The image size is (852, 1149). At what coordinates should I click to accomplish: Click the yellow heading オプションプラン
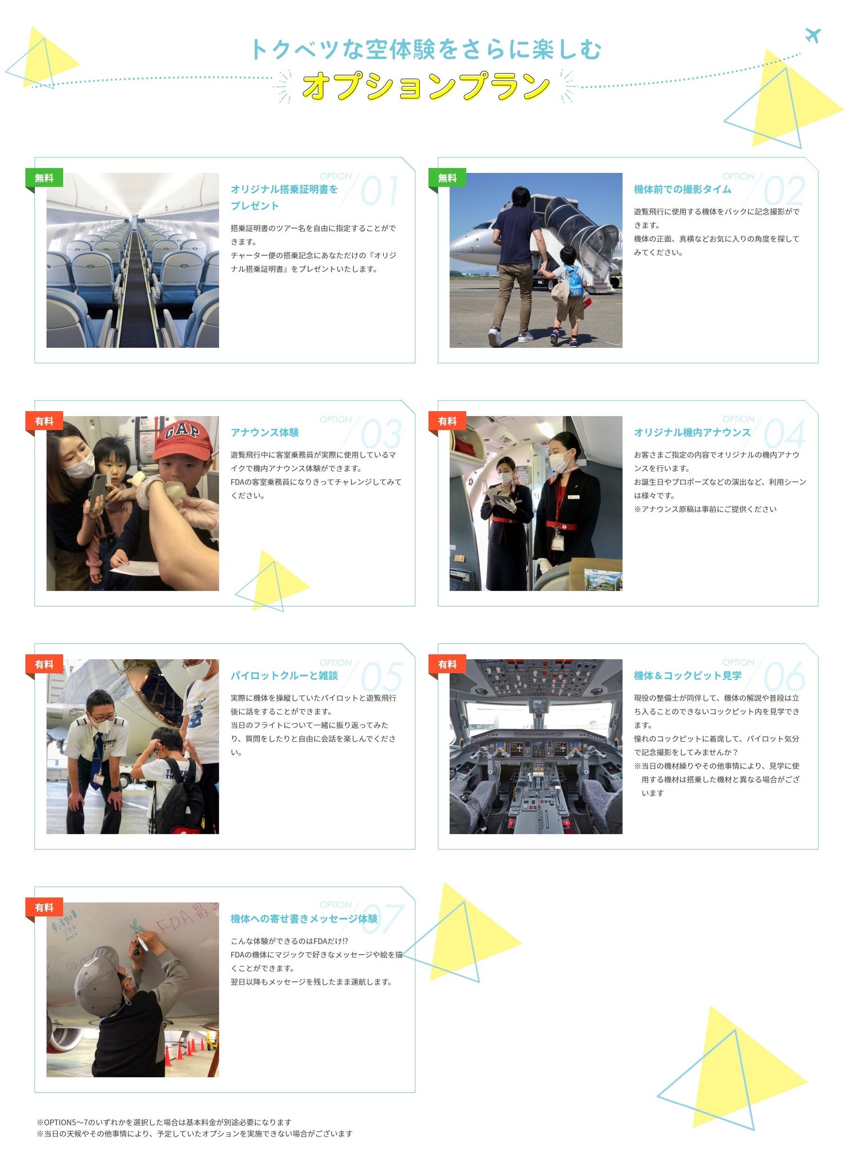(x=426, y=86)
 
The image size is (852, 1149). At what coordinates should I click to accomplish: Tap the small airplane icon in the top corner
(x=812, y=35)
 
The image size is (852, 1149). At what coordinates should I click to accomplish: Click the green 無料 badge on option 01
(x=44, y=178)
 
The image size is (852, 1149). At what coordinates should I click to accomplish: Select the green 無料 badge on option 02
(x=447, y=178)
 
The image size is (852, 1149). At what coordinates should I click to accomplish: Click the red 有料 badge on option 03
(x=44, y=421)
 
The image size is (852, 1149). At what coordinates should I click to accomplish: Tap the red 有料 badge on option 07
(x=44, y=907)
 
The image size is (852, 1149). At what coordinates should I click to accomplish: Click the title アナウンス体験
(x=265, y=432)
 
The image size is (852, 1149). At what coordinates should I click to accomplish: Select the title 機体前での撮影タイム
(x=683, y=189)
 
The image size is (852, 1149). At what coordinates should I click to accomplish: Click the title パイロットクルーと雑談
(x=284, y=676)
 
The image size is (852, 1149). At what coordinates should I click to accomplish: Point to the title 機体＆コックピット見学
(x=687, y=676)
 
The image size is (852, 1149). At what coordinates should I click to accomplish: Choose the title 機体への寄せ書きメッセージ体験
(x=304, y=918)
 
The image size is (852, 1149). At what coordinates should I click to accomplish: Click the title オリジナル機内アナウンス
(x=692, y=432)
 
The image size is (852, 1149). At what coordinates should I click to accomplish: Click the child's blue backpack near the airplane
(x=574, y=282)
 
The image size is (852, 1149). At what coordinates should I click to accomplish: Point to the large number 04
(x=785, y=434)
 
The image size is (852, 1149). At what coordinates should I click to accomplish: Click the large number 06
(x=785, y=677)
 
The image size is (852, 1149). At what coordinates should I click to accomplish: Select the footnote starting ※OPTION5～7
(x=164, y=1122)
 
